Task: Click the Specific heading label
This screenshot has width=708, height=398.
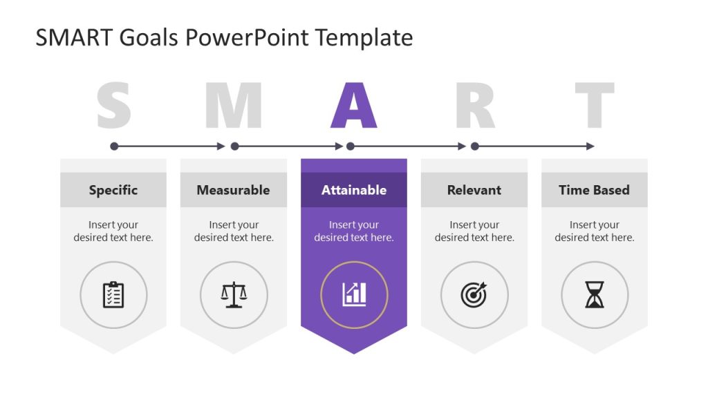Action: pos(113,190)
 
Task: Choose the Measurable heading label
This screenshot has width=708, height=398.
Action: pos(233,190)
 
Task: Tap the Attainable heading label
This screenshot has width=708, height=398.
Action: pos(354,190)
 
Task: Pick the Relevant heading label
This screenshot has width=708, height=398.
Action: pos(474,190)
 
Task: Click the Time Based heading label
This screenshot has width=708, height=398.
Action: pos(594,190)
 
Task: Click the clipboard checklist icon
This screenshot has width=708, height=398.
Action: pos(113,295)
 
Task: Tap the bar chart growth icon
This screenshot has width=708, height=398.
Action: pos(354,294)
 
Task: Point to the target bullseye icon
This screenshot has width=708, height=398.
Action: pos(474,295)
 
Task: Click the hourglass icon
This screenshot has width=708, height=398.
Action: pos(595,295)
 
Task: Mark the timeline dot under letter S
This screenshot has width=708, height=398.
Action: pos(114,146)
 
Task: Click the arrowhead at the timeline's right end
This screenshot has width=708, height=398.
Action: pos(590,146)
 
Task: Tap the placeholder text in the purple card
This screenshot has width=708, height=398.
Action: pos(354,231)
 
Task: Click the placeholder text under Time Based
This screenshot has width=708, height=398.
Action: pos(595,231)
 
